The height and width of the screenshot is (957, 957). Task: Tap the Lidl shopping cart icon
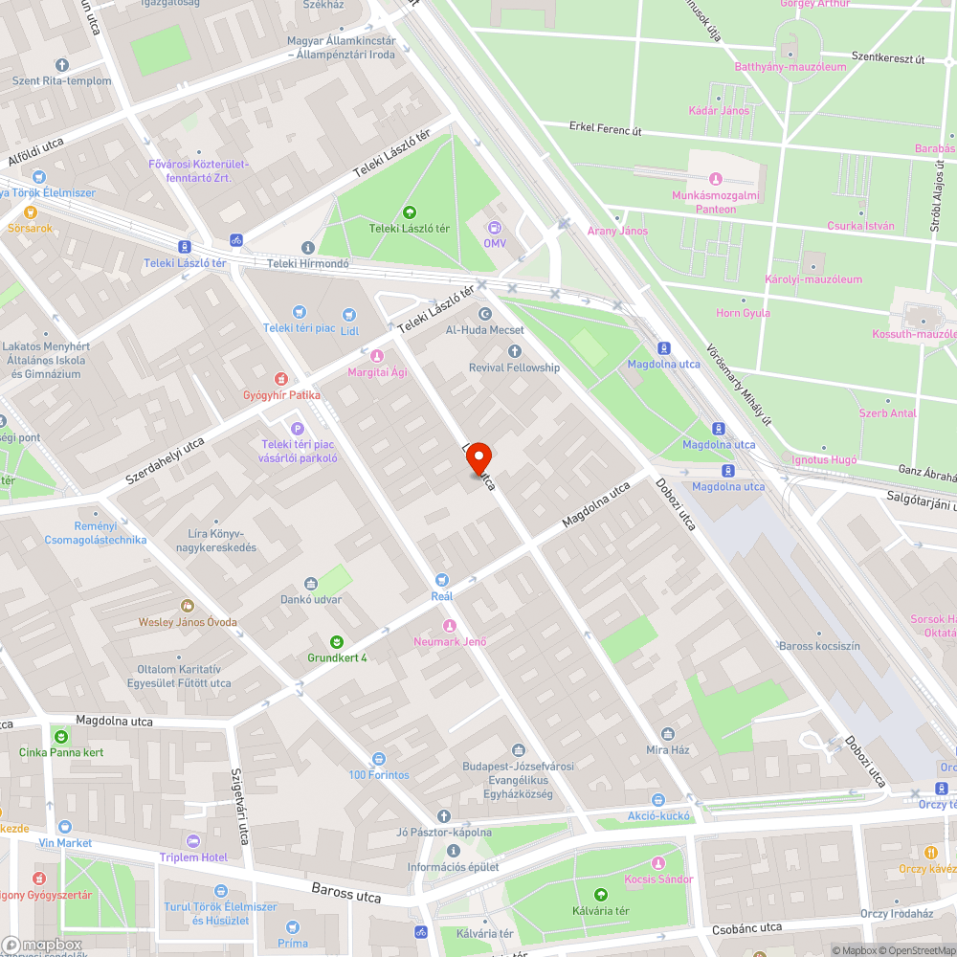[x=348, y=312]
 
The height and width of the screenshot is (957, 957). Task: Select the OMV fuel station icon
[x=495, y=228]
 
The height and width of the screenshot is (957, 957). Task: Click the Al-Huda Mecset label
[x=484, y=330]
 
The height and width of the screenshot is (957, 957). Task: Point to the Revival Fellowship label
[x=514, y=367]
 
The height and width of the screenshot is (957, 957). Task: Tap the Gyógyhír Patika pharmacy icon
[x=280, y=379]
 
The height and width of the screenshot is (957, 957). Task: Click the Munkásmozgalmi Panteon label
[x=703, y=202]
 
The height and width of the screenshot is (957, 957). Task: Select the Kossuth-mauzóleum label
[x=914, y=334]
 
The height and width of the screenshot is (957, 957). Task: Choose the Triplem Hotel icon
[x=193, y=841]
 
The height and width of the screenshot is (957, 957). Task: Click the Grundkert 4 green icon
[x=337, y=641]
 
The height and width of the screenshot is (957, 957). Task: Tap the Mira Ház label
[x=668, y=749]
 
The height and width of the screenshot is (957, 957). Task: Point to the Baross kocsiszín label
[x=819, y=646]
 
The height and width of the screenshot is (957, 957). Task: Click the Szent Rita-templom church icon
[x=62, y=65]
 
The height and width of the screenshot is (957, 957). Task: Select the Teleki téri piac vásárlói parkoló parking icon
[x=297, y=428]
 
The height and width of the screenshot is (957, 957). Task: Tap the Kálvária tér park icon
[x=601, y=895]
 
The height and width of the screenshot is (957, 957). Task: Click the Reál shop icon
[x=441, y=579]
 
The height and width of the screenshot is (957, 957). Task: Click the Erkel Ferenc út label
[x=605, y=128]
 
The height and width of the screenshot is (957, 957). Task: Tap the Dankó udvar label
[x=311, y=599]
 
